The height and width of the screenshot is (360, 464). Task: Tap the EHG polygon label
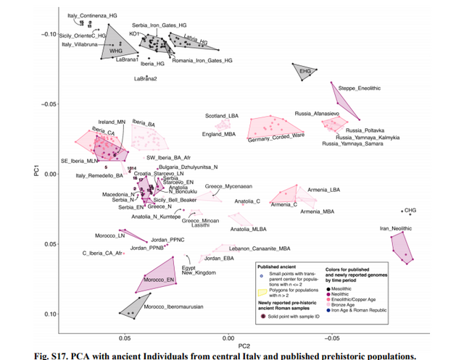[x=304, y=71]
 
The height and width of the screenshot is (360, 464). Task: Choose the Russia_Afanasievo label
[x=316, y=114]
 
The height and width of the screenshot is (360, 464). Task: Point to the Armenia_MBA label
[x=318, y=211]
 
